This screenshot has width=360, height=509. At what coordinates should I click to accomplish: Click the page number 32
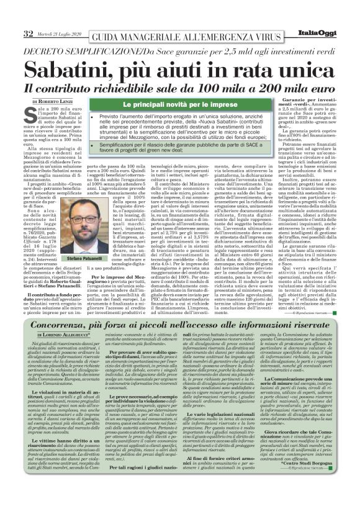[10, 15]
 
